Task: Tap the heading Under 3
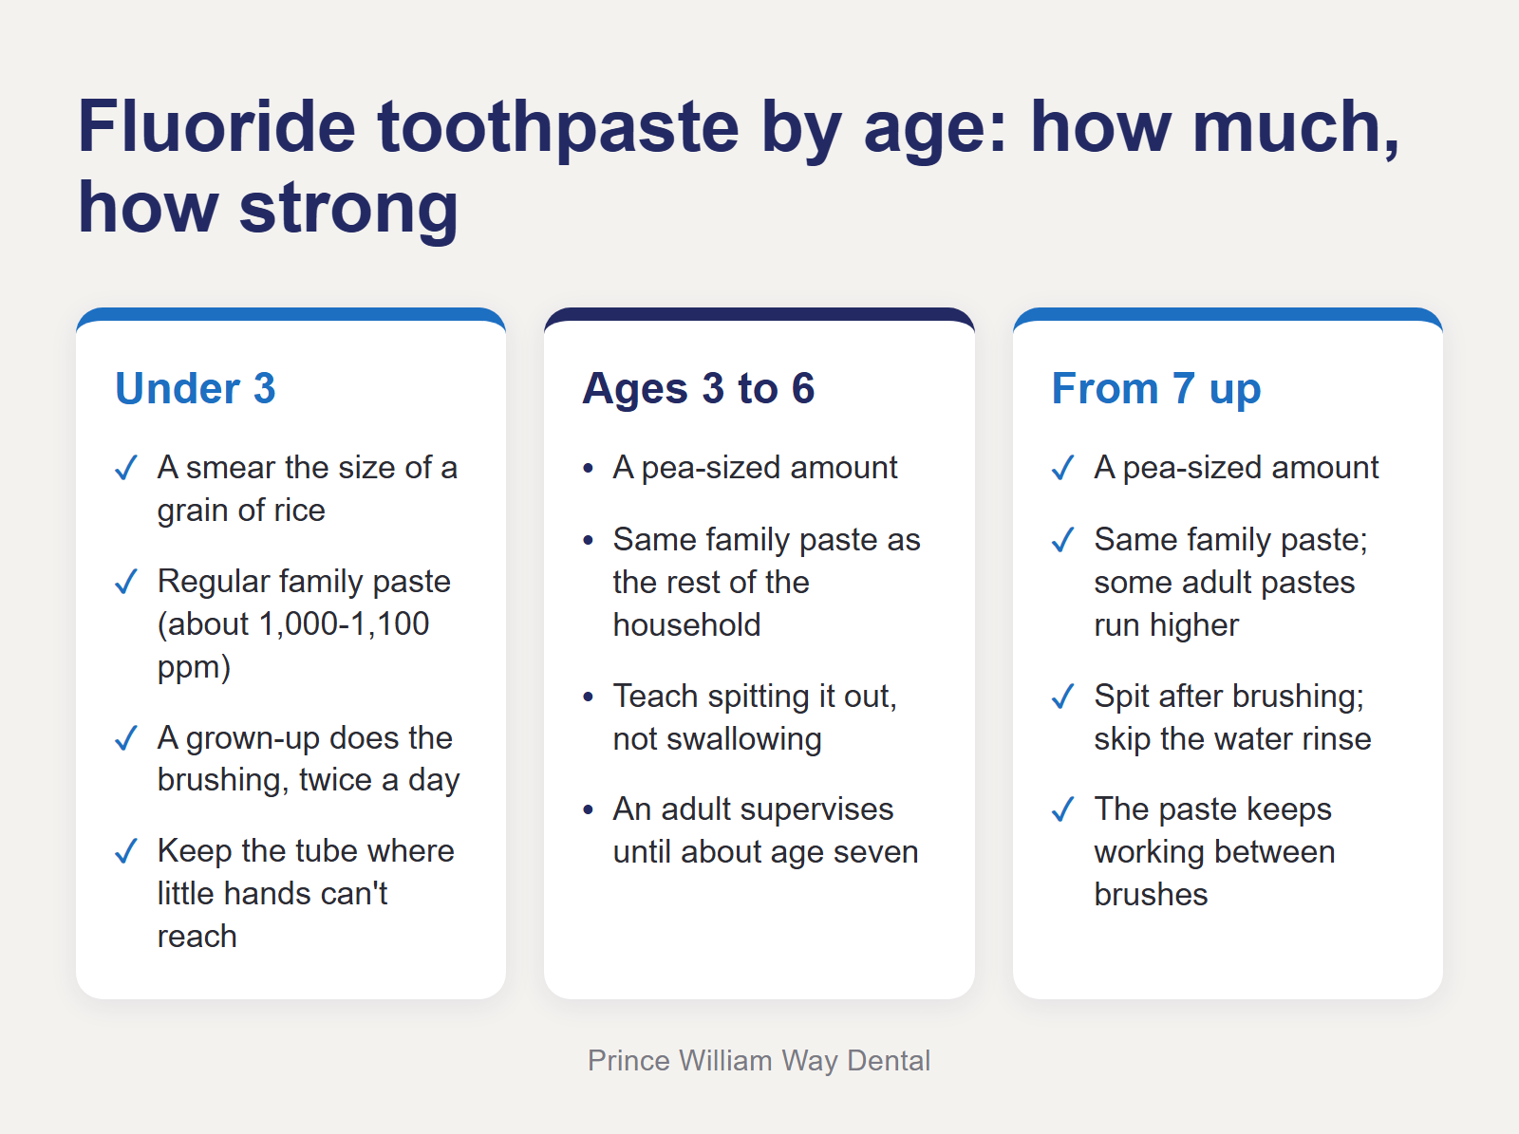click(x=196, y=388)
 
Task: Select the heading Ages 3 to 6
click(x=698, y=388)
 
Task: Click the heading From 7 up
click(x=1155, y=388)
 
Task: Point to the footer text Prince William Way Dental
click(x=759, y=1061)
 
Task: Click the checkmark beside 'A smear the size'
click(x=126, y=468)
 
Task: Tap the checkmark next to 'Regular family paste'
click(x=126, y=582)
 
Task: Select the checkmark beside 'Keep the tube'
click(x=126, y=851)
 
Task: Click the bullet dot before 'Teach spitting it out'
click(x=589, y=697)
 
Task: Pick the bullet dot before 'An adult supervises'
click(x=589, y=809)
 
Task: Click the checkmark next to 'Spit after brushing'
click(x=1063, y=697)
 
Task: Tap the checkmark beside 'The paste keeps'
click(x=1063, y=809)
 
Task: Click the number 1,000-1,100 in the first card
click(x=344, y=623)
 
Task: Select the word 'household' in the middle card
click(x=686, y=625)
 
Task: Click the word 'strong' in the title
click(x=348, y=208)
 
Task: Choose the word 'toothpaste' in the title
click(x=558, y=128)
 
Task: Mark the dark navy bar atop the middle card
click(x=759, y=315)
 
